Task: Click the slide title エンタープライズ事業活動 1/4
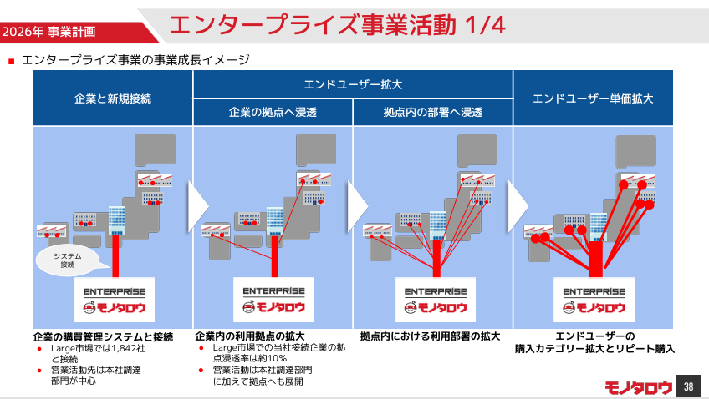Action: click(337, 24)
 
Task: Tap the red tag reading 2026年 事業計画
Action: click(48, 32)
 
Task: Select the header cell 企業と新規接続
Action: click(113, 98)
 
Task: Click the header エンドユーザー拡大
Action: click(353, 84)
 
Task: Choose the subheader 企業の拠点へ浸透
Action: click(273, 112)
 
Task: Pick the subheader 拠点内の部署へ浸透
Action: click(432, 112)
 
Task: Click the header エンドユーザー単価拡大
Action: click(593, 98)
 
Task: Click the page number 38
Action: click(688, 386)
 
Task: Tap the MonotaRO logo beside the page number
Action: click(638, 387)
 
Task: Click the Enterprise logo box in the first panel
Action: click(115, 301)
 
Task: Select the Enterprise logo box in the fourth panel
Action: click(593, 301)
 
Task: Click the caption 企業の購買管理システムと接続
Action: click(103, 336)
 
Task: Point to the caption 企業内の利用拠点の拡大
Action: click(250, 336)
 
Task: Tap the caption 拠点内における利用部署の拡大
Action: click(430, 336)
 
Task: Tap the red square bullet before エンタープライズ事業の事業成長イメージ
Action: click(12, 61)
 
